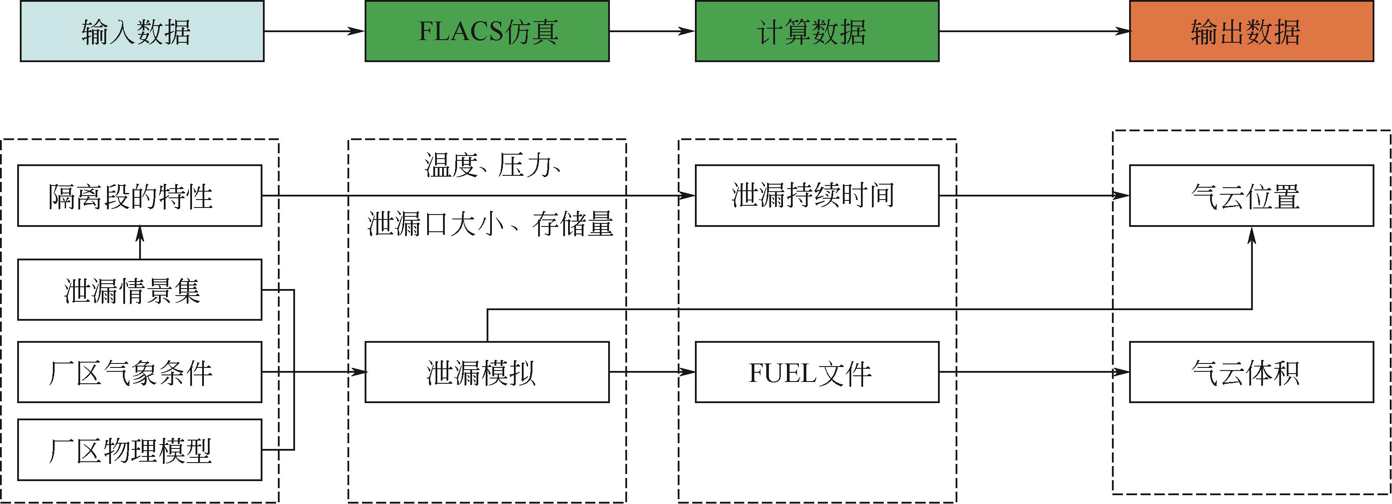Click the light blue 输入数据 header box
coord(141,31)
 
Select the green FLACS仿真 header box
coord(487,31)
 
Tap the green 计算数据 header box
coord(816,31)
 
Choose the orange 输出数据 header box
coord(1251,31)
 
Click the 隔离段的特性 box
coord(140,196)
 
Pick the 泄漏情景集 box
coord(140,290)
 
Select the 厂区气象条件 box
coord(140,372)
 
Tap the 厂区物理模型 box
coord(140,450)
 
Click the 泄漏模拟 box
coord(487,372)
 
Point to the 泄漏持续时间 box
coord(816,196)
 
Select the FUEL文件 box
coord(816,372)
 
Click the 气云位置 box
coord(1251,196)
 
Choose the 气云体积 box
coord(1251,372)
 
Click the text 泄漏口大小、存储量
coord(490,224)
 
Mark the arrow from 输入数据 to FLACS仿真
coord(314,31)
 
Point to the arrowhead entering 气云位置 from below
coord(1252,236)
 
